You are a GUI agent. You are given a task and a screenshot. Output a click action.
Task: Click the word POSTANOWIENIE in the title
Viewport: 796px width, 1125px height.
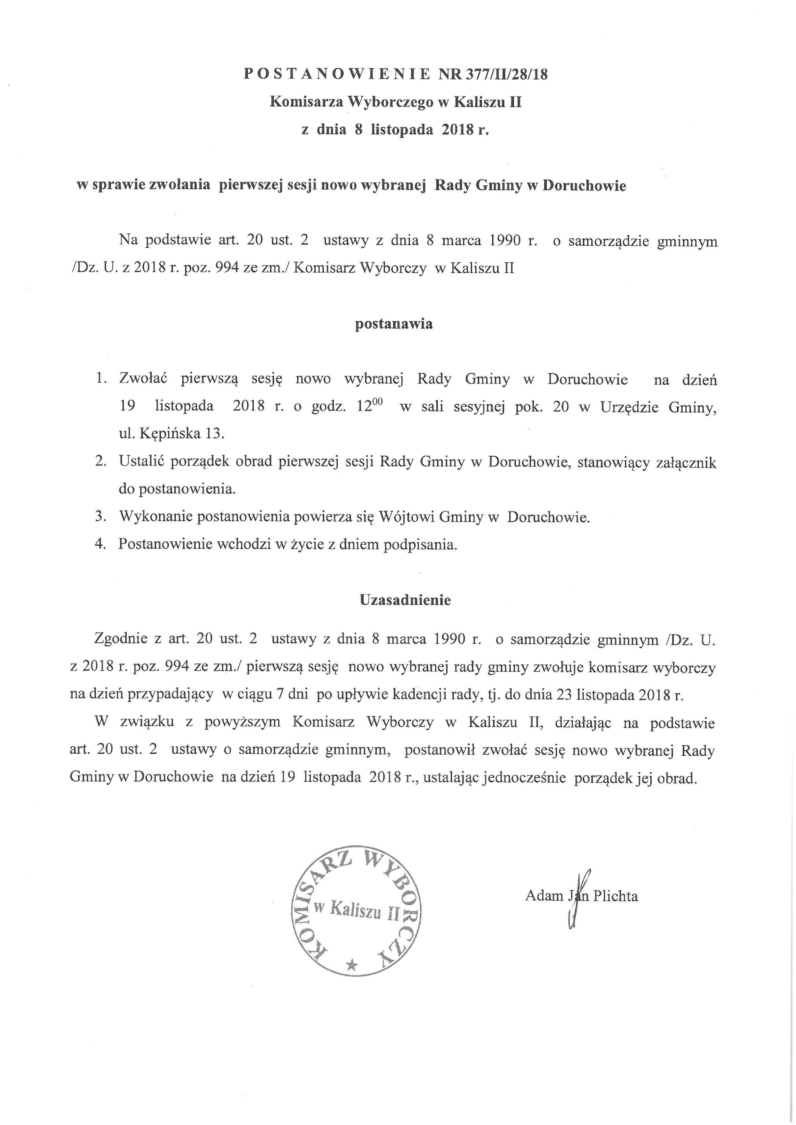[337, 74]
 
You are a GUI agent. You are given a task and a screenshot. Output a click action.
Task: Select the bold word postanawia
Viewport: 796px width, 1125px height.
[394, 324]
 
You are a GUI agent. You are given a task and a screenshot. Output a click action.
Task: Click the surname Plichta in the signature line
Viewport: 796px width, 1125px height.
[616, 896]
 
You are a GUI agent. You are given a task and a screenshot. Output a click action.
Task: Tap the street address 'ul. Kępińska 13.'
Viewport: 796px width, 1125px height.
[172, 433]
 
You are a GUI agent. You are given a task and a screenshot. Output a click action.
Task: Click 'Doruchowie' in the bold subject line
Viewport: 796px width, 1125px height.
[584, 186]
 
